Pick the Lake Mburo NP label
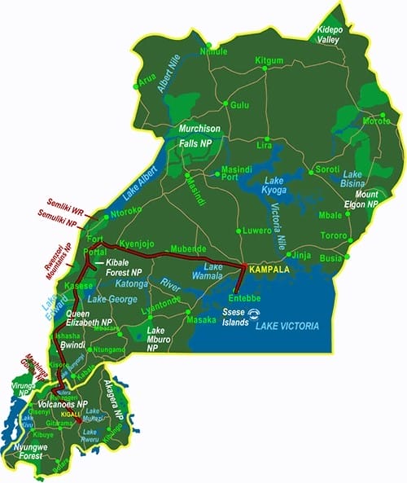pos(160,340)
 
